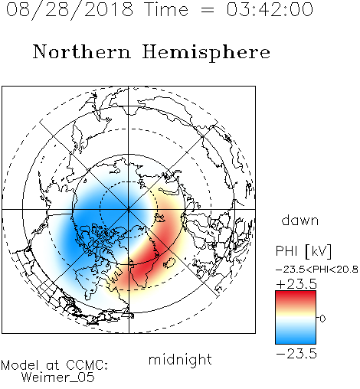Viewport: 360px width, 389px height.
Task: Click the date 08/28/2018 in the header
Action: pyautogui.click(x=70, y=10)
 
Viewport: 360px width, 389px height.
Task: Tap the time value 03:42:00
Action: pyautogui.click(x=270, y=9)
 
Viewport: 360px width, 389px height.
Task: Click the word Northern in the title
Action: pyautogui.click(x=82, y=51)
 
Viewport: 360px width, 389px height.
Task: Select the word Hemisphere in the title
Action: pyautogui.click(x=206, y=52)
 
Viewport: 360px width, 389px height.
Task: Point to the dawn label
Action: pyautogui.click(x=300, y=220)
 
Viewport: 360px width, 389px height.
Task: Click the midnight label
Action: pyautogui.click(x=180, y=359)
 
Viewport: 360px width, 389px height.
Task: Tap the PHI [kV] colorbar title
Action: pyautogui.click(x=303, y=251)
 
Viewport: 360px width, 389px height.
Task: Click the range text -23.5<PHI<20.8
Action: pyautogui.click(x=317, y=270)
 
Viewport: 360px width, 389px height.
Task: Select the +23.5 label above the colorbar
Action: pyautogui.click(x=296, y=284)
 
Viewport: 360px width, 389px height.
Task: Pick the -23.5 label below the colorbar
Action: pyautogui.click(x=296, y=354)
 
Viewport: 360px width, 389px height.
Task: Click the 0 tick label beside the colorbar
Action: pyautogui.click(x=322, y=319)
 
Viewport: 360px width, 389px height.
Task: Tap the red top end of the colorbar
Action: pyautogui.click(x=296, y=293)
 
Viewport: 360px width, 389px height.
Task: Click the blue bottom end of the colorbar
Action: pyautogui.click(x=296, y=341)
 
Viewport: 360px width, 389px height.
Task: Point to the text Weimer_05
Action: pyautogui.click(x=58, y=378)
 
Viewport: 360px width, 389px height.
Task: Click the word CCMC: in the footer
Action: pyautogui.click(x=87, y=365)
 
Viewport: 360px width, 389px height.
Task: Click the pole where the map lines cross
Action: pyautogui.click(x=129, y=210)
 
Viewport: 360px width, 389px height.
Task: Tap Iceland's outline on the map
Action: pyautogui.click(x=169, y=263)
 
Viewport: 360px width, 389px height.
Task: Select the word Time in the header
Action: pyautogui.click(x=166, y=9)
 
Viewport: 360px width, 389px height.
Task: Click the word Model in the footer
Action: pyautogui.click(x=20, y=365)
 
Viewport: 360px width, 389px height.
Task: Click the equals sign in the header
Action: pyautogui.click(x=208, y=11)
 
